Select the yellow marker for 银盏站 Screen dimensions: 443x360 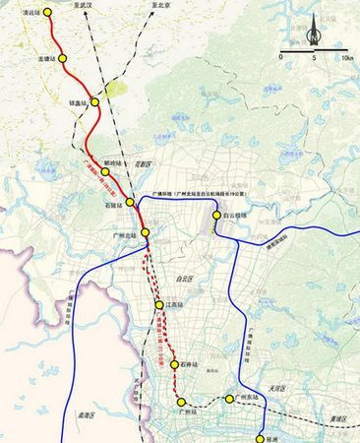[96, 101]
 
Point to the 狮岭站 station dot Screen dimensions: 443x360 [105, 171]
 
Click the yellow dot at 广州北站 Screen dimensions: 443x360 [145, 232]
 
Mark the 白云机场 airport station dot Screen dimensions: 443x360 [217, 214]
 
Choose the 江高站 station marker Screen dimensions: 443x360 [159, 305]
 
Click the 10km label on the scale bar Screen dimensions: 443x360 [347, 59]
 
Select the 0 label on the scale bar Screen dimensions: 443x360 [282, 59]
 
